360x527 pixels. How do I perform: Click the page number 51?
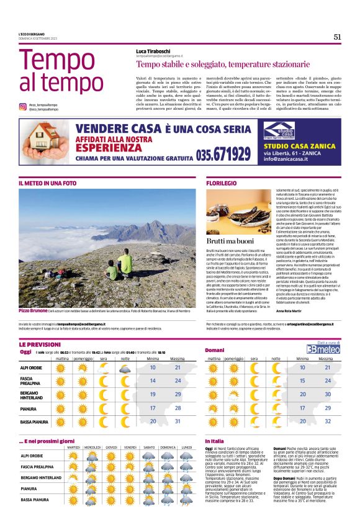pos(337,37)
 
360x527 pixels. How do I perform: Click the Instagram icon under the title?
pos(22,107)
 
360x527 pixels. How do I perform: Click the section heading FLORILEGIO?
pos(222,183)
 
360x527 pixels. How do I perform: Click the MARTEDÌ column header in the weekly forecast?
pos(74,448)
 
